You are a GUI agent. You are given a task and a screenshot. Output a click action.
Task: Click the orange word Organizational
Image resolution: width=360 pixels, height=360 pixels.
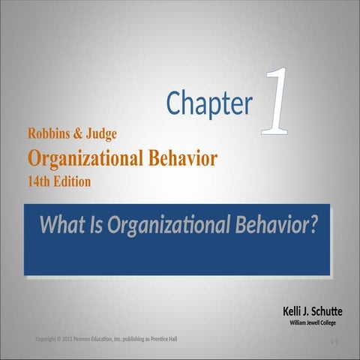83,158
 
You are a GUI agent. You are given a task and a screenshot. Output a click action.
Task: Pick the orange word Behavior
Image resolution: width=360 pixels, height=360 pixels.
181,158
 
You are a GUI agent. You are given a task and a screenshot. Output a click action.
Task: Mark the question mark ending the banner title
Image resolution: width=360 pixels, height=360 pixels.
312,223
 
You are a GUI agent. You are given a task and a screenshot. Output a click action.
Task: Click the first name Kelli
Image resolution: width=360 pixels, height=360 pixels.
293,310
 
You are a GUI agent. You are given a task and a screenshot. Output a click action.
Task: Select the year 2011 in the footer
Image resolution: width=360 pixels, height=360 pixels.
73,339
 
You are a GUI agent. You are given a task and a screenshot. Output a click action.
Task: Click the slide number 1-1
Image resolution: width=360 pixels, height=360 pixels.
334,343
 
